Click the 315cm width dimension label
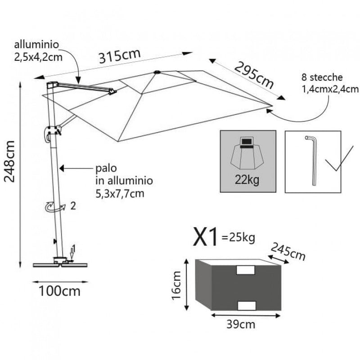120,57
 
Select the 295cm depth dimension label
254,75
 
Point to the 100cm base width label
59,291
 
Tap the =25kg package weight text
238,237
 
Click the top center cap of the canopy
157,72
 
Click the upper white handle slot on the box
245,270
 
